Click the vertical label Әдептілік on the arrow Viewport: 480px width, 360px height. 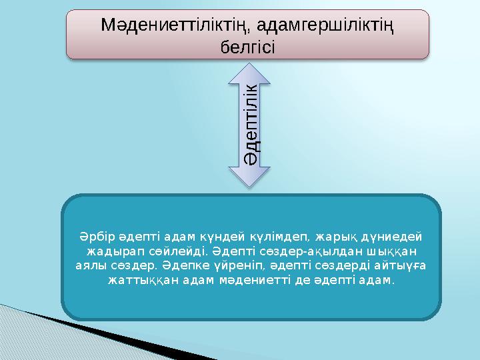(x=251, y=121)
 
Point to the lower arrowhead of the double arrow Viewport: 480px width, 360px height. (x=251, y=177)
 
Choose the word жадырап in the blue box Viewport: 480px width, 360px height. (x=110, y=252)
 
